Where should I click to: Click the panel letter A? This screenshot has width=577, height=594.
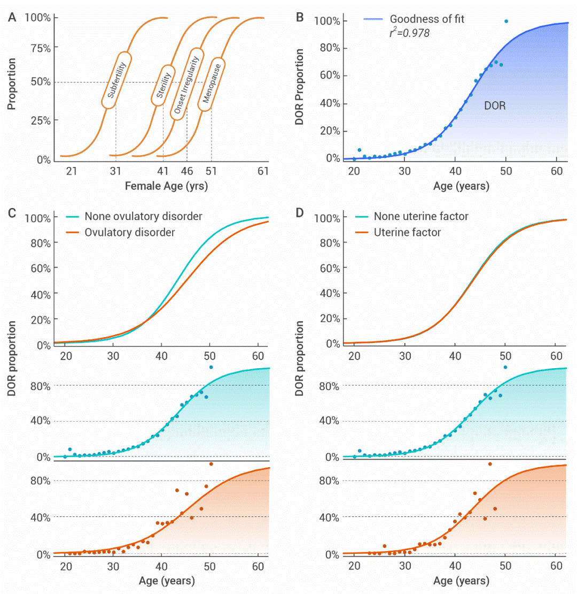pos(11,17)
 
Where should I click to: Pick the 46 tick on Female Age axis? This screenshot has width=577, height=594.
pos(186,171)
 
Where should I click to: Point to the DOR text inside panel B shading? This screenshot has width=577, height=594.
pos(495,106)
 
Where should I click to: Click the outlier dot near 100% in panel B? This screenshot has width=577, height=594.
pos(506,21)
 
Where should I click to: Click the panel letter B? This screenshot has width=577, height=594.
pos(300,17)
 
